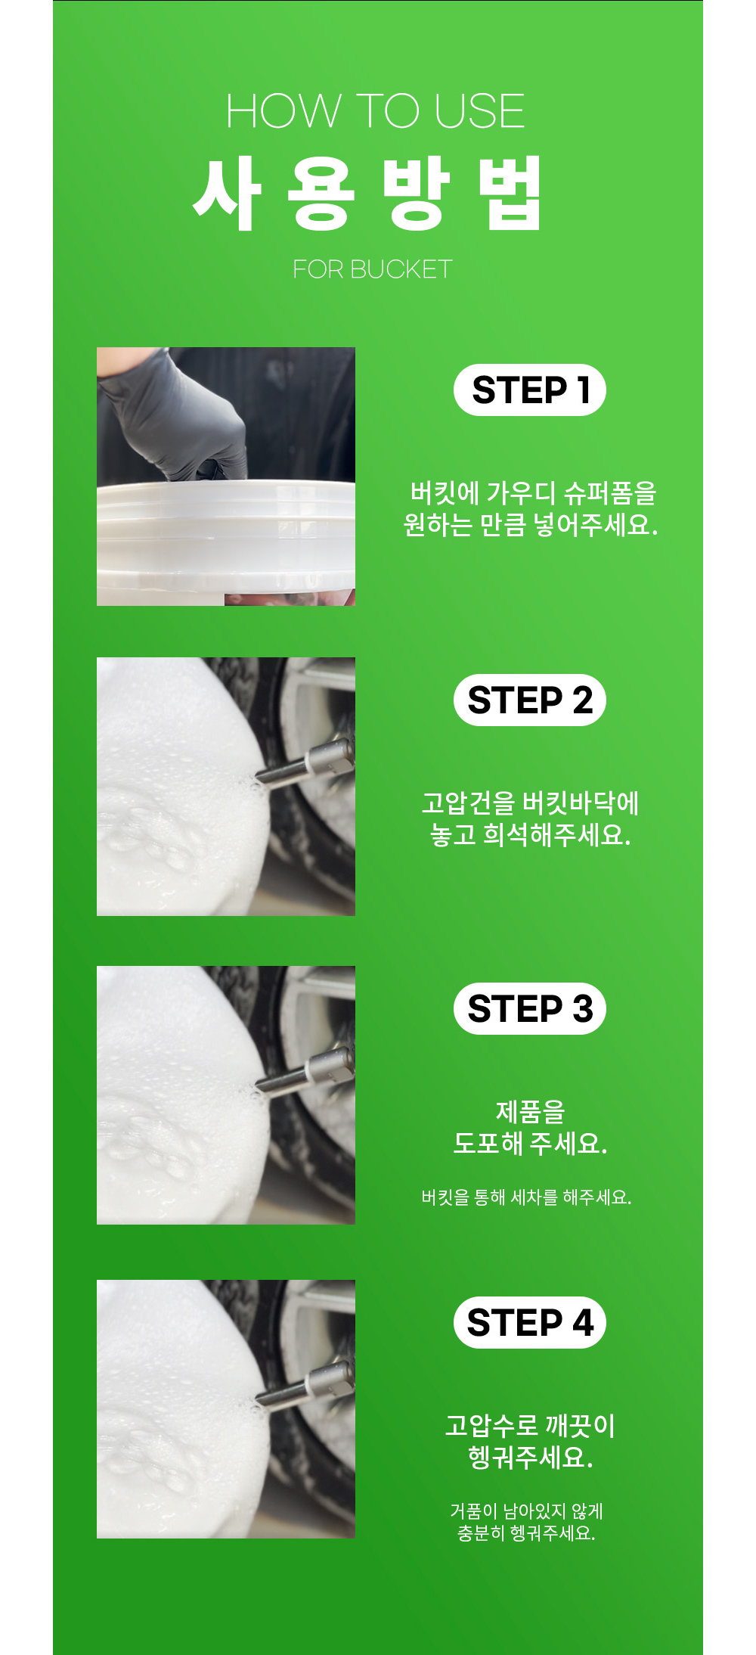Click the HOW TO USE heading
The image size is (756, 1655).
click(x=375, y=111)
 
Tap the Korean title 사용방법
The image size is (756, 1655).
click(x=368, y=194)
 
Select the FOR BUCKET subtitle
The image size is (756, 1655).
click(x=373, y=269)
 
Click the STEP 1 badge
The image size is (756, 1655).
click(x=530, y=390)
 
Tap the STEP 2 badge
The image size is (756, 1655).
click(x=530, y=700)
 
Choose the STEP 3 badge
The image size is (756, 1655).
click(x=530, y=1009)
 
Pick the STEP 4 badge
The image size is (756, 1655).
click(x=530, y=1323)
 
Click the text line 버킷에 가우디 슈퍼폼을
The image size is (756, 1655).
click(x=533, y=493)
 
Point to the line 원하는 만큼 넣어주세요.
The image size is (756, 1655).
click(x=531, y=525)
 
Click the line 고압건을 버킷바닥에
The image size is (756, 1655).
click(x=531, y=803)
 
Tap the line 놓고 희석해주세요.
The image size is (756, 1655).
click(x=531, y=835)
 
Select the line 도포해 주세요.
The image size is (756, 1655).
click(x=531, y=1144)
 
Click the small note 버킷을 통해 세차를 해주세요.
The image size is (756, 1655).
click(x=526, y=1197)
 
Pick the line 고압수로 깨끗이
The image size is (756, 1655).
click(x=531, y=1427)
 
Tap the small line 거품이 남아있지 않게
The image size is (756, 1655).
click(x=527, y=1511)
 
